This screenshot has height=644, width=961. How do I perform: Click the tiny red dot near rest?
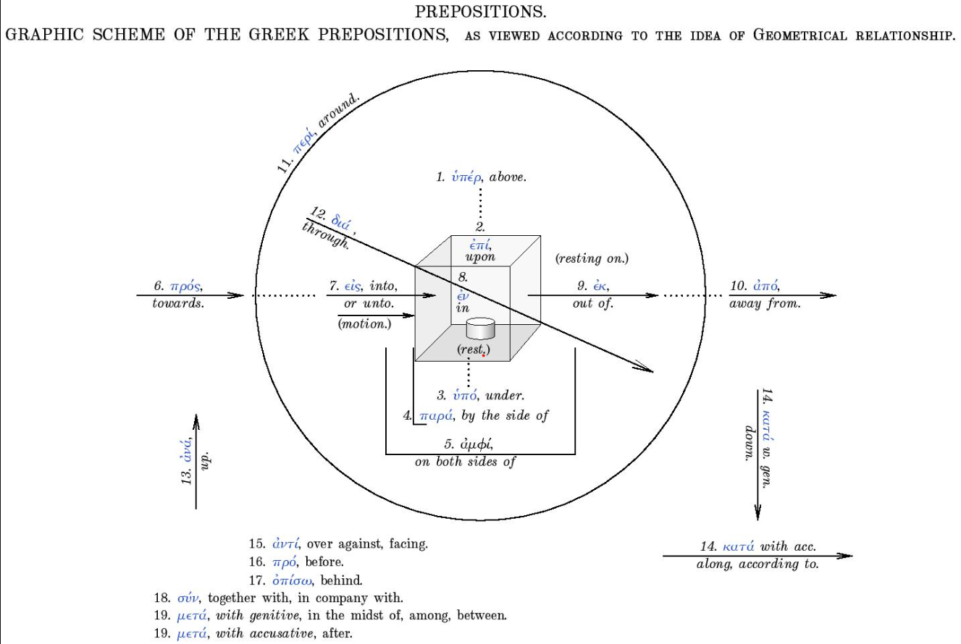pos(483,355)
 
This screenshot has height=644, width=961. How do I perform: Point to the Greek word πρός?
pos(186,286)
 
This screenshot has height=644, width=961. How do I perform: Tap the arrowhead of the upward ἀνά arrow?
pos(196,421)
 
